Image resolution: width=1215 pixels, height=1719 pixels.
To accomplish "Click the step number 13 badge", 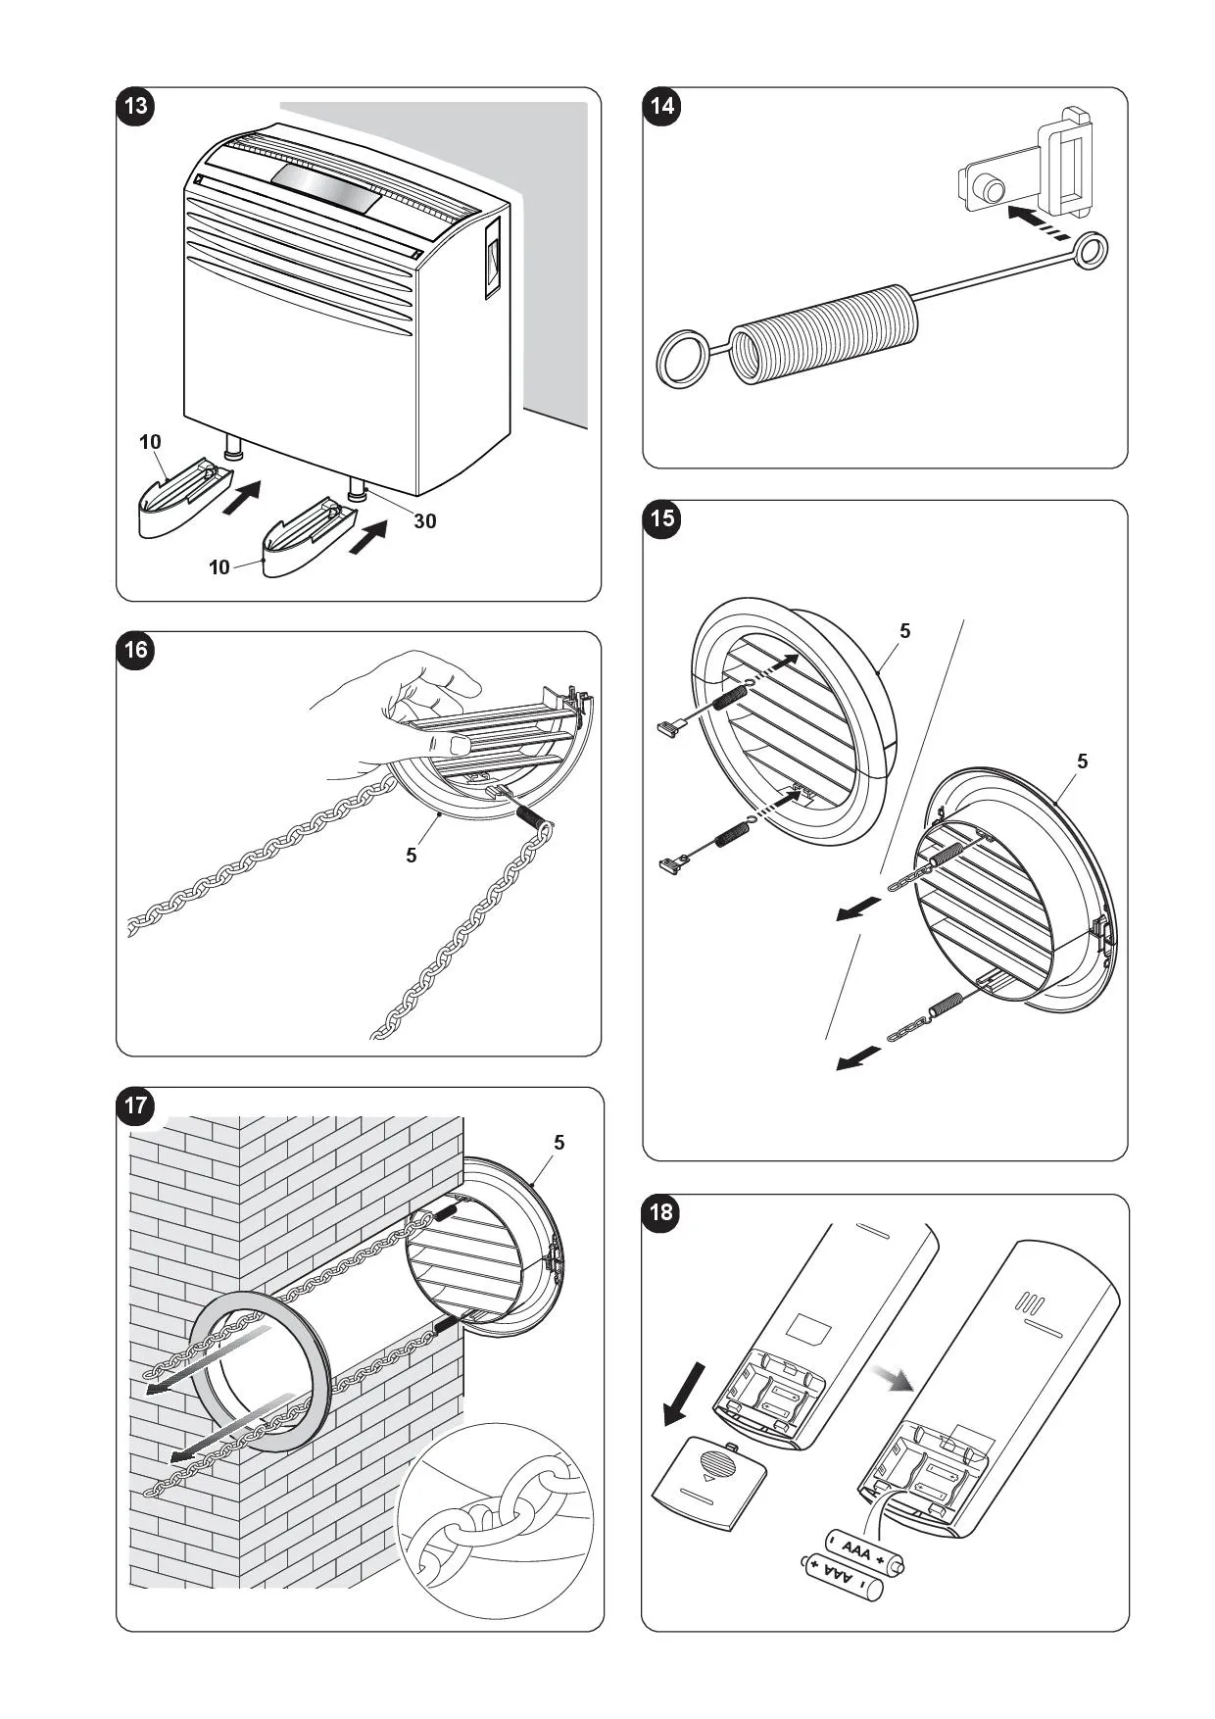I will (x=135, y=105).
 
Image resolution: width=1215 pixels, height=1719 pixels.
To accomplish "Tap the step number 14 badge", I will (x=662, y=105).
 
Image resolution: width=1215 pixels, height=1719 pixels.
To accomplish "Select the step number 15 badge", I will (x=662, y=518).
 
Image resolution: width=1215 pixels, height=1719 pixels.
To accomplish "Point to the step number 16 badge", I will (x=135, y=650).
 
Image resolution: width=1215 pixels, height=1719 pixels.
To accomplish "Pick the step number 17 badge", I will (x=135, y=1106).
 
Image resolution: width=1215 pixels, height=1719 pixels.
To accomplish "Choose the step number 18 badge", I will (x=662, y=1212).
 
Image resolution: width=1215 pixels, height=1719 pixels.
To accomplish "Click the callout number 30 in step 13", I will (x=424, y=520).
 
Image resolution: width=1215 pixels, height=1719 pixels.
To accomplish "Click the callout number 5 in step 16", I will (x=412, y=856).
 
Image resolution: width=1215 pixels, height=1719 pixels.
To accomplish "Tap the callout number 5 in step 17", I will (x=559, y=1142).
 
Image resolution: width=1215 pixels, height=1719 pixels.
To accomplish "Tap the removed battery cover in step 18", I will (x=708, y=1475).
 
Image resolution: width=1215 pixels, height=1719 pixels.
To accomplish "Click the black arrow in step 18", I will (x=683, y=1392).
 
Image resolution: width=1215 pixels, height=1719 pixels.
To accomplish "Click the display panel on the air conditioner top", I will (x=325, y=186).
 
